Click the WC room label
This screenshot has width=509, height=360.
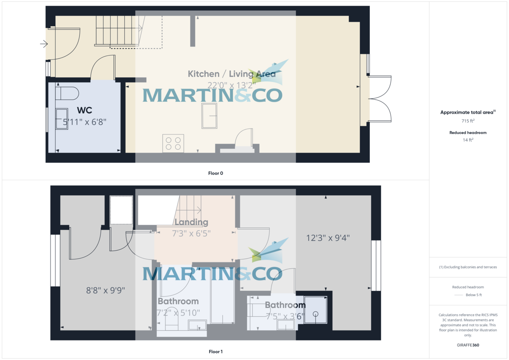pyautogui.click(x=84, y=111)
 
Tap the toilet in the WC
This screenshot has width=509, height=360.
pyautogui.click(x=67, y=93)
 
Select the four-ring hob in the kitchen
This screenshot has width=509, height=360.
pyautogui.click(x=173, y=142)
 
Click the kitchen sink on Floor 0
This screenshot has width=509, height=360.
pyautogui.click(x=209, y=115)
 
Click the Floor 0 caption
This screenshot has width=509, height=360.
pyautogui.click(x=215, y=173)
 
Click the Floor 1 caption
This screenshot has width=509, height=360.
pyautogui.click(x=215, y=352)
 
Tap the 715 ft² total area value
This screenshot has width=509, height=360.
pyautogui.click(x=468, y=121)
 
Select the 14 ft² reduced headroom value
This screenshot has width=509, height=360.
pyautogui.click(x=468, y=140)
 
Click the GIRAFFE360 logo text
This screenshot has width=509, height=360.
pyautogui.click(x=468, y=345)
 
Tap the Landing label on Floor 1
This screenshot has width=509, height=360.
pyautogui.click(x=191, y=222)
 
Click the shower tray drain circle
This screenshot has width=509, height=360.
pyautogui.click(x=316, y=314)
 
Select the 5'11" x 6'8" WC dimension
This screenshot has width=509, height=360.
pyautogui.click(x=84, y=122)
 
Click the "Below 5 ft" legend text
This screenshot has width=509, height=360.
pyautogui.click(x=474, y=295)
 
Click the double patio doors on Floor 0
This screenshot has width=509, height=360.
pyautogui.click(x=380, y=100)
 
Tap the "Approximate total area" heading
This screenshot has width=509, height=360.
pyautogui.click(x=467, y=112)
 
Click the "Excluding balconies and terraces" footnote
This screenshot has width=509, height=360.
pyautogui.click(x=468, y=267)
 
